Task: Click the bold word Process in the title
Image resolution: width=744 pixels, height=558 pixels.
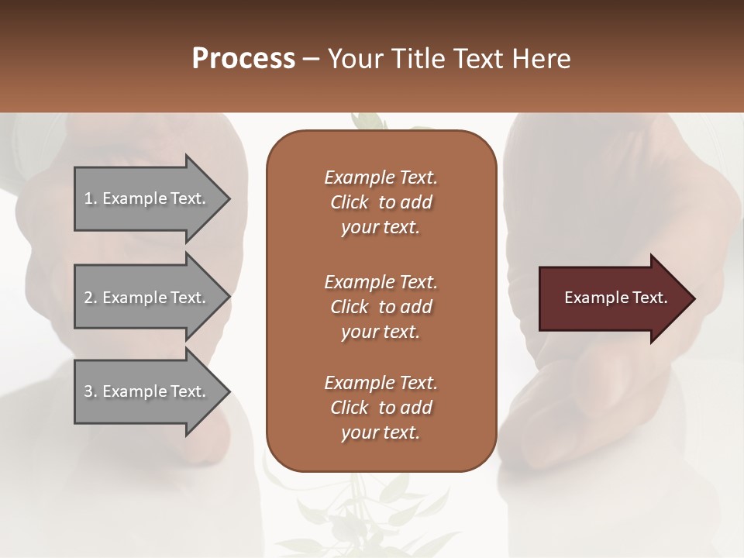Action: point(243,59)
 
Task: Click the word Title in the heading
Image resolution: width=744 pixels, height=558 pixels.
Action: point(420,59)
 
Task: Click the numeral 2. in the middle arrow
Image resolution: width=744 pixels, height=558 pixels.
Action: point(91,298)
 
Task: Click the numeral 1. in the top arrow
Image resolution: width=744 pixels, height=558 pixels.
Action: point(91,198)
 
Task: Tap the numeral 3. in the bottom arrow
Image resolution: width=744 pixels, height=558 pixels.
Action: point(91,391)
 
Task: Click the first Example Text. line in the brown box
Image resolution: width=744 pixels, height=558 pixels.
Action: point(381,177)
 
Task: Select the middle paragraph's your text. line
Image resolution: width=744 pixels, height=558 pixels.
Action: point(381,332)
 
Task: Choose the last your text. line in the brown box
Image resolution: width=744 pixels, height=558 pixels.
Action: point(381,433)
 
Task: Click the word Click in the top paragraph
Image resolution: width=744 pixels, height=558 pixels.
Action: point(350,202)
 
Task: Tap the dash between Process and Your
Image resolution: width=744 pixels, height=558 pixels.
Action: point(312,59)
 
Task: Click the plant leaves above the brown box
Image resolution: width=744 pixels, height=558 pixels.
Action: point(370,122)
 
